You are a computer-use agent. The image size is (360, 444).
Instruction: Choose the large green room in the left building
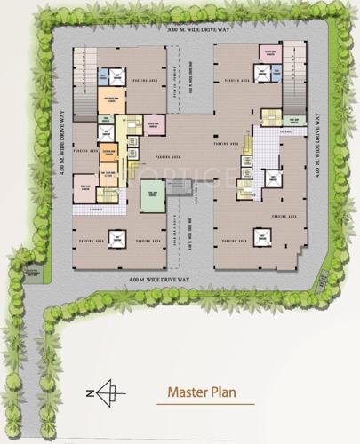tap(153, 195)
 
